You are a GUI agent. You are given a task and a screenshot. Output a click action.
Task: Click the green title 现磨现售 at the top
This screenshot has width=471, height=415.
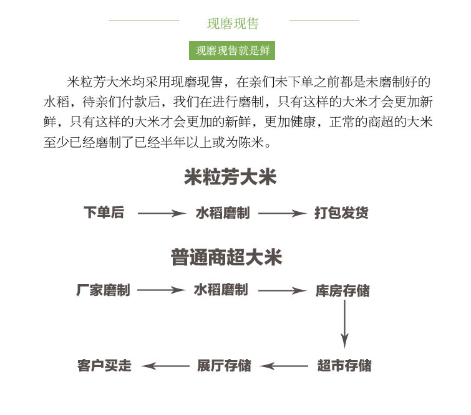coord(233,24)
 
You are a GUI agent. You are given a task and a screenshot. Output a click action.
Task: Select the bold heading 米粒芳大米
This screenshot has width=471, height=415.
coord(230,178)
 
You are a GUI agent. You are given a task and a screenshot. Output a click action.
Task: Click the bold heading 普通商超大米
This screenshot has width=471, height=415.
coord(226,258)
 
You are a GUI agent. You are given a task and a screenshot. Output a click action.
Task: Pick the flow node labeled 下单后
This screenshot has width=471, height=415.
coord(104,213)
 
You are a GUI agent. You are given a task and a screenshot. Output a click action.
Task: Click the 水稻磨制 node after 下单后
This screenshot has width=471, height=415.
coord(222,213)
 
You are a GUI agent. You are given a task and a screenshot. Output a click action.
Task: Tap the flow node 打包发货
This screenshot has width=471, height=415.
coord(341,213)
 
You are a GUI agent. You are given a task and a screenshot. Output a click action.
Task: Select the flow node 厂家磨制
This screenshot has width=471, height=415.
coord(103,290)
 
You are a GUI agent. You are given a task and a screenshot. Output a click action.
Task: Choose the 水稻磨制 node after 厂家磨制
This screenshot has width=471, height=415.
coord(221,290)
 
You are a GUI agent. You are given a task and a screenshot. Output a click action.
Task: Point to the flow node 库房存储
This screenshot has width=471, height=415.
coord(342,291)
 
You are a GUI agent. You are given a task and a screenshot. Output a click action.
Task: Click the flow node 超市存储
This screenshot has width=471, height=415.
coord(344,366)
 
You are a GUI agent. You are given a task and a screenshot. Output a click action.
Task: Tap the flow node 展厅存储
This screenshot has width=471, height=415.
coord(224,366)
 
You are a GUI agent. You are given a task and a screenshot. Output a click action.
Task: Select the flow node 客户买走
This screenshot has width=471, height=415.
coord(105,366)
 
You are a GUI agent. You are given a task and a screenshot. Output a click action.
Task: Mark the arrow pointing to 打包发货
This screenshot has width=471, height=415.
coord(282,214)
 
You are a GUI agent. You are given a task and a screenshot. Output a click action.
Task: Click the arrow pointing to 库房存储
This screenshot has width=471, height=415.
coord(282,291)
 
